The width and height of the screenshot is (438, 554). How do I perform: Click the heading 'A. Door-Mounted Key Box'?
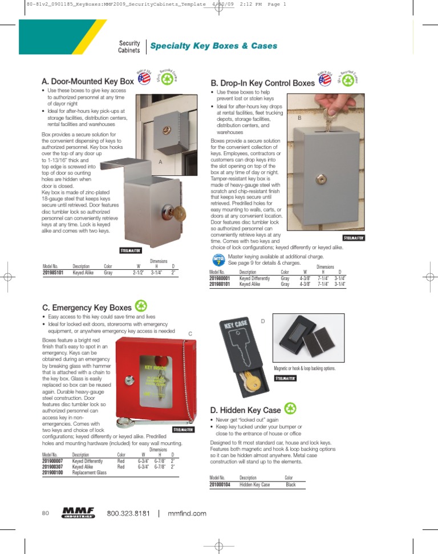pyautogui.click(x=88, y=82)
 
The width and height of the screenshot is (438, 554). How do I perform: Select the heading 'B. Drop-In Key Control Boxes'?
pyautogui.click(x=262, y=83)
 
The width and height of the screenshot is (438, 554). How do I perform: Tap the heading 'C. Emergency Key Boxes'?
pyautogui.click(x=87, y=308)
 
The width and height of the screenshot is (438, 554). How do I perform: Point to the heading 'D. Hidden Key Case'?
pyautogui.click(x=245, y=410)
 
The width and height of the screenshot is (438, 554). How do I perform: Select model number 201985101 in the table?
pyautogui.click(x=54, y=272)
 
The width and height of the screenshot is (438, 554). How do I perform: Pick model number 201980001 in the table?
pyautogui.click(x=220, y=278)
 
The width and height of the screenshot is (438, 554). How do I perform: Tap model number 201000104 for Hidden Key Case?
pyautogui.click(x=220, y=484)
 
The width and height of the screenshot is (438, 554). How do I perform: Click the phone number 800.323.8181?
pyautogui.click(x=128, y=513)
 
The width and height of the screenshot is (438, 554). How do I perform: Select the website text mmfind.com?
pyautogui.click(x=187, y=513)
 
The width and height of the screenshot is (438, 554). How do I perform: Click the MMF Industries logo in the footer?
pyautogui.click(x=78, y=512)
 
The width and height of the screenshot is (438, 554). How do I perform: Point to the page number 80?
pyautogui.click(x=46, y=513)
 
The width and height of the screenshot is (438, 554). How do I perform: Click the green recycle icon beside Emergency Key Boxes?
pyautogui.click(x=141, y=306)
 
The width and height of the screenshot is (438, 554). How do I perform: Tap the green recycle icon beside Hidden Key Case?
pyautogui.click(x=291, y=408)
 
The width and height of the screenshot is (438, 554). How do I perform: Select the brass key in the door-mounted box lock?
pyautogui.click(x=179, y=214)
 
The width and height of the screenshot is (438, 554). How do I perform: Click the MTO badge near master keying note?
pyautogui.click(x=218, y=260)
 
